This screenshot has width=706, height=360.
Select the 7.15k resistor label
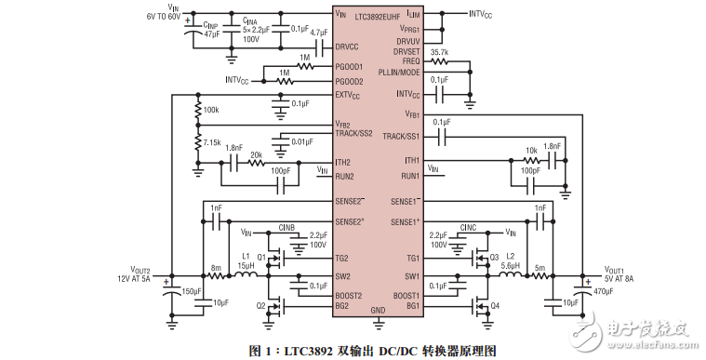(x=212, y=143)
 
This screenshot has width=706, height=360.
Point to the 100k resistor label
(x=211, y=110)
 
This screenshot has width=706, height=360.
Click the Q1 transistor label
(x=261, y=254)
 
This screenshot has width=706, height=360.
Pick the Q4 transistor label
(x=495, y=305)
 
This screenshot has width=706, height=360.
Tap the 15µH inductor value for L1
(x=246, y=265)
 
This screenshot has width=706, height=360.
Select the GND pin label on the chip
(x=378, y=310)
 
